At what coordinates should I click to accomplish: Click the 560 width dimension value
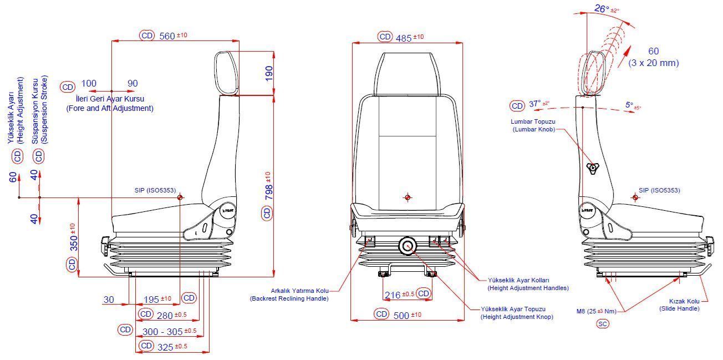pyautogui.click(x=167, y=36)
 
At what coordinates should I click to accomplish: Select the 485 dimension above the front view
pyautogui.click(x=404, y=38)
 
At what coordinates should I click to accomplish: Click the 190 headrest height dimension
pyautogui.click(x=268, y=73)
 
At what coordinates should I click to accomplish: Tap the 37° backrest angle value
pyautogui.click(x=534, y=104)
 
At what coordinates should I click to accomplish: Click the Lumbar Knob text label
pyautogui.click(x=534, y=125)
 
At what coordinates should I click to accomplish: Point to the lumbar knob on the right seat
pyautogui.click(x=593, y=168)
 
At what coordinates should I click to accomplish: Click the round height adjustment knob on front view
pyautogui.click(x=409, y=246)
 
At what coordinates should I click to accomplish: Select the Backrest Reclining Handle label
pyautogui.click(x=289, y=295)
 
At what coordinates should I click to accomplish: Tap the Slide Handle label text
pyautogui.click(x=679, y=305)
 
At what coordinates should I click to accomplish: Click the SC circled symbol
pyautogui.click(x=603, y=324)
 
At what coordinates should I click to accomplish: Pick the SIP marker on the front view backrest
pyautogui.click(x=408, y=197)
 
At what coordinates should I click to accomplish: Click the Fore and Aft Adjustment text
pyautogui.click(x=110, y=108)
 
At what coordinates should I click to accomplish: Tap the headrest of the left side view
pyautogui.click(x=227, y=73)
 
